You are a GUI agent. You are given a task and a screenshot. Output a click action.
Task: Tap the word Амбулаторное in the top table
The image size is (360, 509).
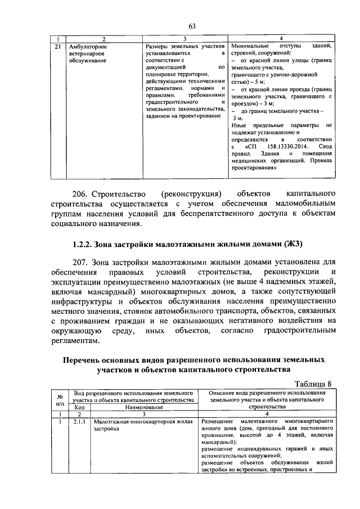tap(87, 46)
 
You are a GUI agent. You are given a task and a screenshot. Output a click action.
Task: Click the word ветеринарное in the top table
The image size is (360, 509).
tap(85, 53)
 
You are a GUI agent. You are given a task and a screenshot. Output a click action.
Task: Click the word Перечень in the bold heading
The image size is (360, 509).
tap(87, 359)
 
